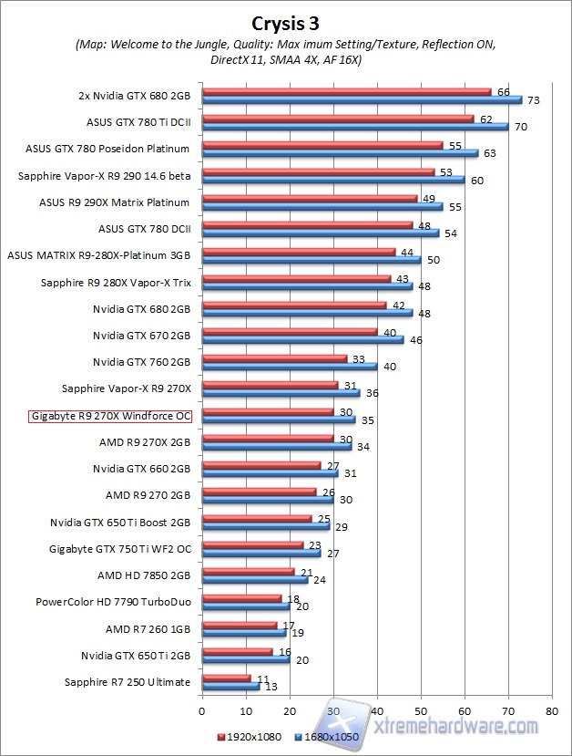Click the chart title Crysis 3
[x=285, y=23]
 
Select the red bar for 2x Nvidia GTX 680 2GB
[x=346, y=91]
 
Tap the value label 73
[x=534, y=99]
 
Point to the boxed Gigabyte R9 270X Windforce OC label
[x=111, y=417]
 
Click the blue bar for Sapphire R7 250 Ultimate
[x=230, y=687]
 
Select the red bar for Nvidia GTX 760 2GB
[x=274, y=358]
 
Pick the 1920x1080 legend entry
[x=250, y=734]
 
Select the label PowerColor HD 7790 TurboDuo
[x=113, y=602]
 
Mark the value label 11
[x=261, y=678]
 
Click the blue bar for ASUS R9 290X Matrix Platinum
[x=322, y=207]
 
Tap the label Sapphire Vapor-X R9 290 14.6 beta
[x=104, y=176]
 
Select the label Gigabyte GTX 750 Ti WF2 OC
[x=119, y=549]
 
